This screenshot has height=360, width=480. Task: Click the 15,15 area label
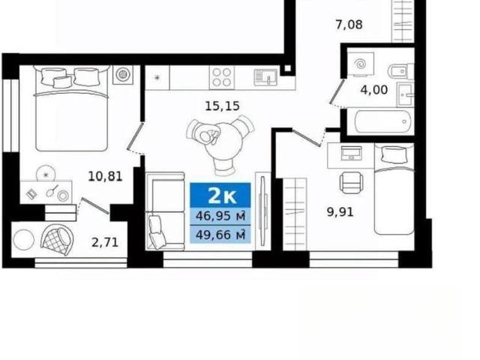(x=222, y=106)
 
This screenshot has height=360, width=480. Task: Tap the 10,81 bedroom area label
(x=105, y=176)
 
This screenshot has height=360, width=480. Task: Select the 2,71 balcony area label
(x=105, y=242)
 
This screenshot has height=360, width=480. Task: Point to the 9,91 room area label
(x=340, y=211)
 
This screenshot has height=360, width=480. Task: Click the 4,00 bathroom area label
(x=374, y=90)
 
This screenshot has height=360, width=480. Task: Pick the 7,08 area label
(x=349, y=25)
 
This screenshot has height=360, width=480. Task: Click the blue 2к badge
(x=220, y=195)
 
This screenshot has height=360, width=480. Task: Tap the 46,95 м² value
(x=220, y=216)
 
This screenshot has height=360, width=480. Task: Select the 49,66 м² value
(x=220, y=235)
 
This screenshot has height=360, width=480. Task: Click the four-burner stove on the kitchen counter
(x=222, y=77)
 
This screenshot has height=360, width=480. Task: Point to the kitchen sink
(x=265, y=77)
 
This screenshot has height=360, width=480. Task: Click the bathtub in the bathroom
(x=382, y=121)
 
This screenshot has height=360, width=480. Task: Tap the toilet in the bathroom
(x=400, y=71)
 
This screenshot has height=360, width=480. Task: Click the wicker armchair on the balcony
(x=57, y=240)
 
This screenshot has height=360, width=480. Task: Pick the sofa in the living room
(x=165, y=211)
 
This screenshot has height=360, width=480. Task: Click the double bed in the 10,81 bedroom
(x=72, y=108)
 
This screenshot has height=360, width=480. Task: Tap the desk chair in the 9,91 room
(x=351, y=182)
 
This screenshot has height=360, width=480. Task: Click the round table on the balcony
(x=23, y=240)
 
